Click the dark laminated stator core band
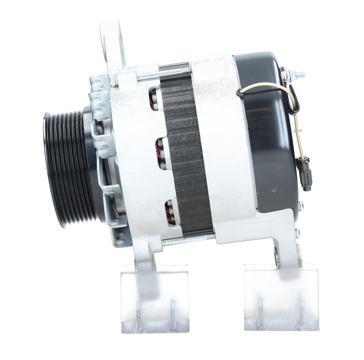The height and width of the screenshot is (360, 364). (x=185, y=156)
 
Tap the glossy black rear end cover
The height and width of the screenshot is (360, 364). (x=270, y=135)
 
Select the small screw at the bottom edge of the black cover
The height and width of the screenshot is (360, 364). (x=301, y=205)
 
